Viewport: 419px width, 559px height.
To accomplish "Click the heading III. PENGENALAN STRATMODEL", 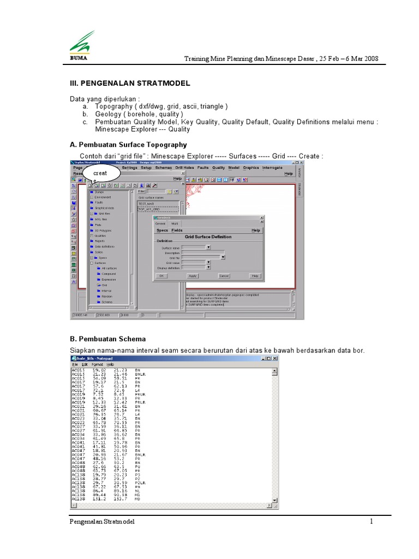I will click(x=130, y=83).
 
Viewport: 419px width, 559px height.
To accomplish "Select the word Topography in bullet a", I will click(x=113, y=106).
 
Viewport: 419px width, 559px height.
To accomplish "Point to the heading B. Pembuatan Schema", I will click(x=107, y=339).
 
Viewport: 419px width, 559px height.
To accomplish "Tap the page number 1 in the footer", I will click(x=372, y=522).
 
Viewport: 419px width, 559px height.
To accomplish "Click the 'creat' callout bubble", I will click(x=100, y=173).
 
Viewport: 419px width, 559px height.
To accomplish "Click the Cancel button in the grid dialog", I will click(x=224, y=276).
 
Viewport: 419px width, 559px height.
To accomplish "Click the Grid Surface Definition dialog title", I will click(x=208, y=237).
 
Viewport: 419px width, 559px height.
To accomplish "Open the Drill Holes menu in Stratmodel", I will click(x=184, y=168).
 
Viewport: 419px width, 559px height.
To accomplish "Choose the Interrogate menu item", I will click(x=272, y=168).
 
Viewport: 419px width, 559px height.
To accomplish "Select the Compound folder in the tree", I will click(x=108, y=274).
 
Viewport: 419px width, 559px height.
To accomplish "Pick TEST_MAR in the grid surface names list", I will click(x=147, y=203).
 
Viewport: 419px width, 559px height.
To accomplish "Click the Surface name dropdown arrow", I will click(x=208, y=247).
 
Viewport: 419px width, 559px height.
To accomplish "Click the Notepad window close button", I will click(x=275, y=358).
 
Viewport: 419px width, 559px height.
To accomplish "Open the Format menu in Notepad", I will click(x=97, y=364).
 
